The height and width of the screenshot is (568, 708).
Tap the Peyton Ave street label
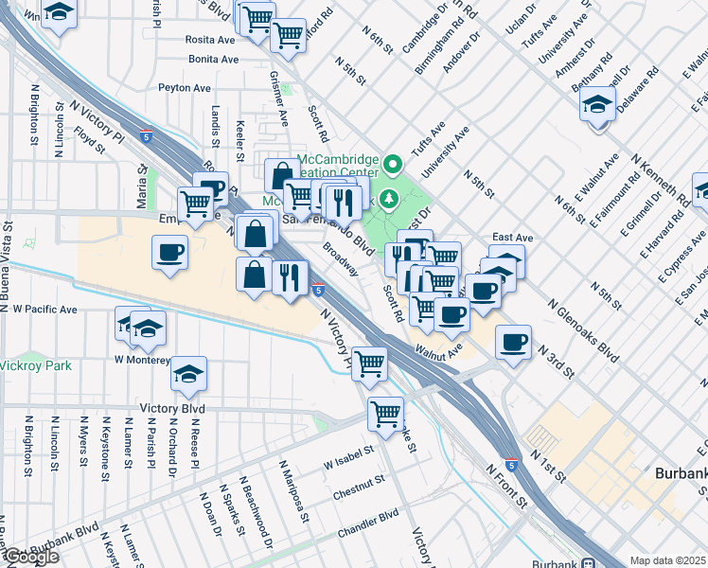click(185, 87)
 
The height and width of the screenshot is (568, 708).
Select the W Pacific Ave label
click(44, 310)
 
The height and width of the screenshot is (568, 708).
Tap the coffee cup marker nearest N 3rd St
click(513, 342)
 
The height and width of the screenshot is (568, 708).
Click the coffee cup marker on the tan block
click(170, 252)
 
